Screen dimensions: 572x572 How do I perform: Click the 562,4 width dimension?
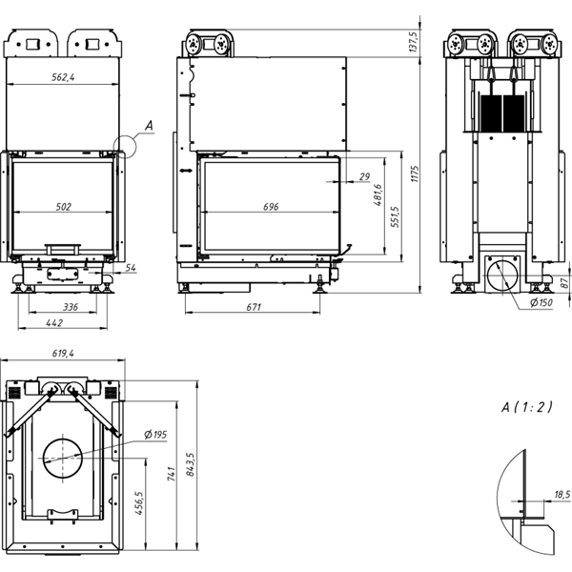click(x=63, y=77)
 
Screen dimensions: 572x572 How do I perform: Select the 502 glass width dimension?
click(x=64, y=207)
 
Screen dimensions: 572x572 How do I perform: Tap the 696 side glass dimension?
click(x=271, y=207)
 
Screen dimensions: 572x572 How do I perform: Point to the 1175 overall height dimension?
click(x=415, y=174)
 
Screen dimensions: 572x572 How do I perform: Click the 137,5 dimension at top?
click(x=413, y=42)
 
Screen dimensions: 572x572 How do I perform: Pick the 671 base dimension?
click(x=254, y=307)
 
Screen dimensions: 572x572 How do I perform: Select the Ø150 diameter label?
click(x=541, y=302)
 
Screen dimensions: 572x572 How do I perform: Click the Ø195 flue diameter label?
click(x=155, y=435)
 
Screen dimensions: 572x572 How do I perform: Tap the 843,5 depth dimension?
click(x=190, y=464)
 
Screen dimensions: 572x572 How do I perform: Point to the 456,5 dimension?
click(x=139, y=502)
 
